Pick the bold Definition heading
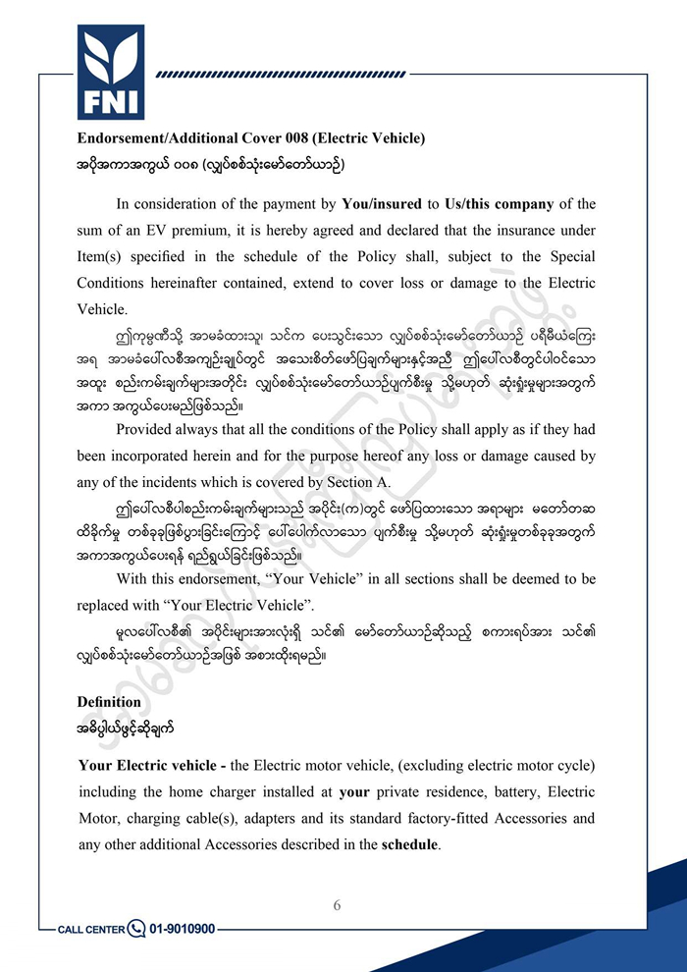click(109, 703)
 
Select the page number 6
click(337, 905)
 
